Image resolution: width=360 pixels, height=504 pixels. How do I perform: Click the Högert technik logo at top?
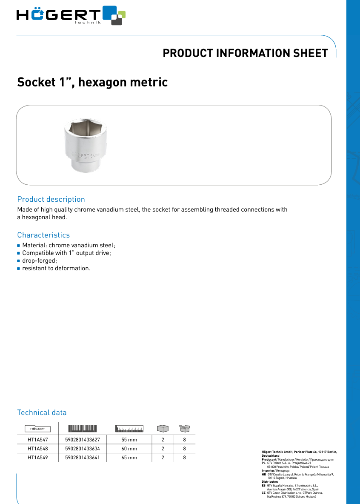70,15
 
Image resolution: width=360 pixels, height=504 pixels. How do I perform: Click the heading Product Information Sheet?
245,53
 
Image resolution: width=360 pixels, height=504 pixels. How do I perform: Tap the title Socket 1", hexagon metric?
92,82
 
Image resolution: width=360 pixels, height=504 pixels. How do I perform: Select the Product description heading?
51,199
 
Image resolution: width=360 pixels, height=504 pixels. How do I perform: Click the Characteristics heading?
43,235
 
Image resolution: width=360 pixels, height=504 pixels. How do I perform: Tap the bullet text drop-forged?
37,261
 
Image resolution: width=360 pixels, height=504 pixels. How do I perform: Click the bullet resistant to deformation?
56,269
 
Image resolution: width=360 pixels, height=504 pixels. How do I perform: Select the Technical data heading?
42,412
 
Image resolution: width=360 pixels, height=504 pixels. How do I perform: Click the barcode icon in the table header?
83,428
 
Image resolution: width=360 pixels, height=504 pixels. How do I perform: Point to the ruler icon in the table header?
129,428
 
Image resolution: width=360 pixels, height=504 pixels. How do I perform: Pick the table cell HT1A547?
37,439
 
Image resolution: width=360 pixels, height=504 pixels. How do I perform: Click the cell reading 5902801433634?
83,449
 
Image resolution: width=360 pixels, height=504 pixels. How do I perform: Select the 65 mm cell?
129,458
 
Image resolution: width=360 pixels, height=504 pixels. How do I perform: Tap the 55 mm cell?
129,439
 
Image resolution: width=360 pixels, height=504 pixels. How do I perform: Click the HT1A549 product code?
37,458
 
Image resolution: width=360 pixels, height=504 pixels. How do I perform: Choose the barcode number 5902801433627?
83,439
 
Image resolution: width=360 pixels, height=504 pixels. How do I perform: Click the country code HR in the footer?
264,474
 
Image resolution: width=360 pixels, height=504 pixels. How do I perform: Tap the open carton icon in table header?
184,428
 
